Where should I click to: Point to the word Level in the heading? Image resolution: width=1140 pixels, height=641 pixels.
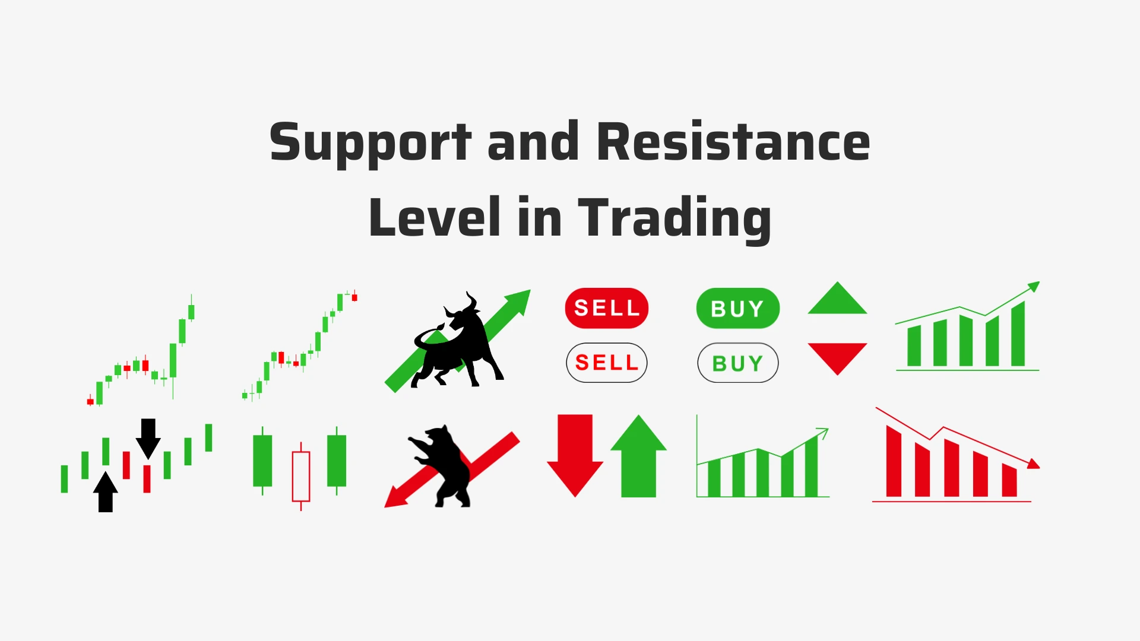point(434,218)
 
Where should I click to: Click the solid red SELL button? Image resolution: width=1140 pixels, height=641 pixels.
point(606,308)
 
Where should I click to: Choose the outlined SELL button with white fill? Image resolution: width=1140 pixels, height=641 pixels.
point(606,363)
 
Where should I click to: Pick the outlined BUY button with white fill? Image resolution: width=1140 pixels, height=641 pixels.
point(737,363)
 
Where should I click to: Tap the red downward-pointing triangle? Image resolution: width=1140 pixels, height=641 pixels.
point(837,356)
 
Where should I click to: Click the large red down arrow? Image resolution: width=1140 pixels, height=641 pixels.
point(575,454)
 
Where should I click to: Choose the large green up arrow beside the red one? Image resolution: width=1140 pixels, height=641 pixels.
point(638,457)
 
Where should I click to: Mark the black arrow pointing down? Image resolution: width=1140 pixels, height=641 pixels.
point(148,438)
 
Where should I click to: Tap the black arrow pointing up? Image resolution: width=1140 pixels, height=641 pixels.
point(106,493)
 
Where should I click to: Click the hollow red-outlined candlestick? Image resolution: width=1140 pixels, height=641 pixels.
point(301,476)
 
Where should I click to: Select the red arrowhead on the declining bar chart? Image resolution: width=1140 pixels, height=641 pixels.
point(1033,464)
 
